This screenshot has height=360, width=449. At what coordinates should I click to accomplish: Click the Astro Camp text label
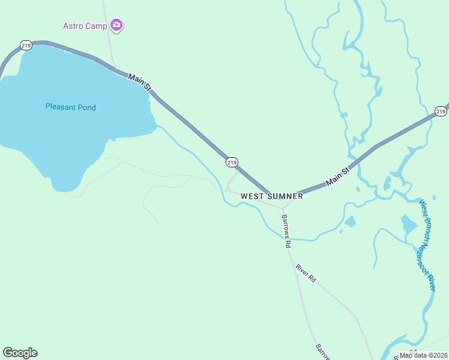click(x=85, y=26)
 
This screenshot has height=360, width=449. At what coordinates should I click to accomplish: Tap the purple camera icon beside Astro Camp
click(x=116, y=25)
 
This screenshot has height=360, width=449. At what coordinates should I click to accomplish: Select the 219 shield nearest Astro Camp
click(x=25, y=45)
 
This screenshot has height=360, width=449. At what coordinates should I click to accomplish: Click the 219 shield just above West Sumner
click(x=232, y=162)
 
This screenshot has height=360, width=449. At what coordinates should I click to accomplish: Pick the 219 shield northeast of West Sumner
click(x=441, y=112)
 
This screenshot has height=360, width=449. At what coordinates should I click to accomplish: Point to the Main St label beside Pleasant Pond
click(x=139, y=81)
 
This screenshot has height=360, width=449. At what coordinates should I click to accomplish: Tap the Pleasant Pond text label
click(x=70, y=107)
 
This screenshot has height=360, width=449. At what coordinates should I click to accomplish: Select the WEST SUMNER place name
click(x=271, y=196)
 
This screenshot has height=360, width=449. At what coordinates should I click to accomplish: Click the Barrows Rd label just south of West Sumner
click(x=286, y=231)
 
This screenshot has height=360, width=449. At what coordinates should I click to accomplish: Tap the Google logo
click(x=20, y=353)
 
